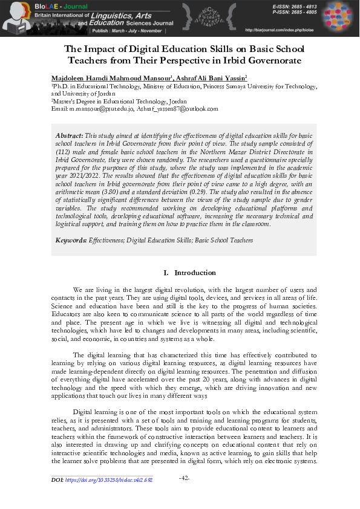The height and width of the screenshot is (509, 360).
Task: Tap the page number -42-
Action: tap(186, 478)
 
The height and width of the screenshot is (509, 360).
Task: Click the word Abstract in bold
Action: tap(69, 136)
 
